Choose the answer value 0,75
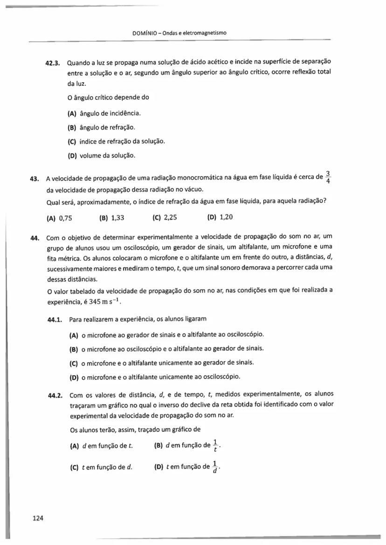(x=65, y=217)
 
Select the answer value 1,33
(x=117, y=217)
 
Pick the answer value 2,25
(x=170, y=217)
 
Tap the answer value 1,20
(x=226, y=217)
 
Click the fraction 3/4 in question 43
(x=329, y=177)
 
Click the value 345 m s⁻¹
(x=106, y=302)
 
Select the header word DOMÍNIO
(x=145, y=33)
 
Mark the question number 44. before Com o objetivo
(x=34, y=238)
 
